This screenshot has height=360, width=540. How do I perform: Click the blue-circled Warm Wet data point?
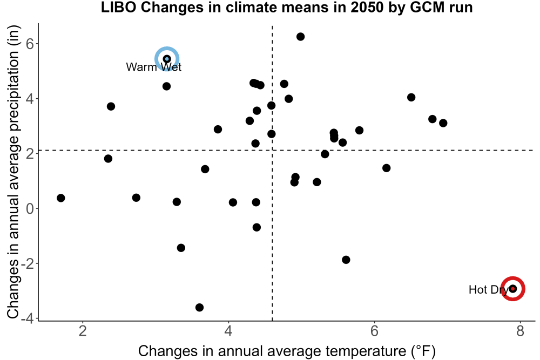(x=167, y=59)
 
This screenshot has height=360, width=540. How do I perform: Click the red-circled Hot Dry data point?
(x=513, y=288)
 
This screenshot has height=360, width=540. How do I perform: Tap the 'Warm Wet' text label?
(x=153, y=67)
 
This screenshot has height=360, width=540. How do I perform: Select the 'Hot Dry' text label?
(x=489, y=290)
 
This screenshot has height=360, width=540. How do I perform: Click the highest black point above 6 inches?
(x=300, y=37)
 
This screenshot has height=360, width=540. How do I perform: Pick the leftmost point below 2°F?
(x=61, y=198)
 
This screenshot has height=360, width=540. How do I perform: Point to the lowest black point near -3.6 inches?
(x=199, y=307)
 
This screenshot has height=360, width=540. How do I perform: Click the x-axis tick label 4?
(x=228, y=331)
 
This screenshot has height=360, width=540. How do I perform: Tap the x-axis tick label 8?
(x=520, y=331)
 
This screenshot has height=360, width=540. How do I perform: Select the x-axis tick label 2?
(x=83, y=331)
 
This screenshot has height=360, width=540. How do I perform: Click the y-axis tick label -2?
(x=28, y=263)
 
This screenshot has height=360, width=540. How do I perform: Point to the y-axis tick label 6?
(x=30, y=44)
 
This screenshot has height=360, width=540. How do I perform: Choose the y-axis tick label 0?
(x=30, y=208)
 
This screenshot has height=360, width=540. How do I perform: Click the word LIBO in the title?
(x=119, y=7)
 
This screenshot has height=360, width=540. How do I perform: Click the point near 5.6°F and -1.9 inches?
(x=346, y=260)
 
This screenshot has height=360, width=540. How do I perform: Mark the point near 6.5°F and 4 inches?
(x=411, y=97)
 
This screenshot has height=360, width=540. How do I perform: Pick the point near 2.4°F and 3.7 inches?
(x=111, y=106)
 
